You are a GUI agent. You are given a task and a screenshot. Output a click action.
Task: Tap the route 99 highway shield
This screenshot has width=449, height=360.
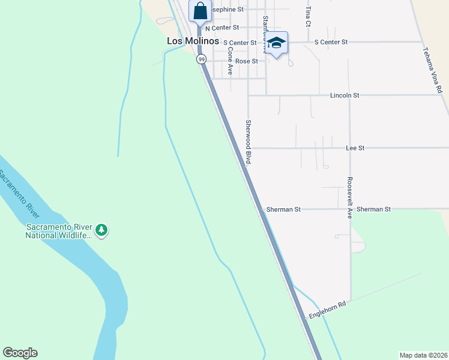pyautogui.click(x=202, y=59)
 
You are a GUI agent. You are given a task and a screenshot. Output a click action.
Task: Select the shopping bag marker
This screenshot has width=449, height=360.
pyautogui.click(x=200, y=10)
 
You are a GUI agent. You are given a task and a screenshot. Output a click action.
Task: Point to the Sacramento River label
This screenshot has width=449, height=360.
pyautogui.click(x=19, y=195)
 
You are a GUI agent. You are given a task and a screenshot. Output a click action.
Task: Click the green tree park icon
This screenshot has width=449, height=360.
pyautogui.click(x=102, y=230)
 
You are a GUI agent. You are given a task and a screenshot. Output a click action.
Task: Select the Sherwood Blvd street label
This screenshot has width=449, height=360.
pyautogui.click(x=248, y=142)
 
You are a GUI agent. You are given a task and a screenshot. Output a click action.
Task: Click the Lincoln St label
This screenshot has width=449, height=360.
pyautogui.click(x=344, y=95)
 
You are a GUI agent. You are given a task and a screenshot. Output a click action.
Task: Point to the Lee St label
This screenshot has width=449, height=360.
pyautogui.click(x=355, y=148)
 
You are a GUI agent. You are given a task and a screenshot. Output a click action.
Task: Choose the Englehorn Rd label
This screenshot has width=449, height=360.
pyautogui.click(x=328, y=310)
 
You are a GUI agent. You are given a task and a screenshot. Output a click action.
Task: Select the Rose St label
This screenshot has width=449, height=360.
pyautogui.click(x=246, y=61)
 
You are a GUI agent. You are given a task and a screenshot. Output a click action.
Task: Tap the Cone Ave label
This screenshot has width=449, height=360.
pyautogui.click(x=231, y=61)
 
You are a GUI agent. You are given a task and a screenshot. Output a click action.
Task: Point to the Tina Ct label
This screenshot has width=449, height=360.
pyautogui.click(x=308, y=17)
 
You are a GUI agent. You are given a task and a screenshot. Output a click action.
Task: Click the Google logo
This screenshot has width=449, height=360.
pyautogui.click(x=20, y=353)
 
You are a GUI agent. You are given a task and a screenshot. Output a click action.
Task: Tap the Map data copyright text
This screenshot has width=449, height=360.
pyautogui.click(x=423, y=355)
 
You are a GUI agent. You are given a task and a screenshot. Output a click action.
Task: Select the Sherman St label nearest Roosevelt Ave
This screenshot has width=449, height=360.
pyautogui.click(x=373, y=209)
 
